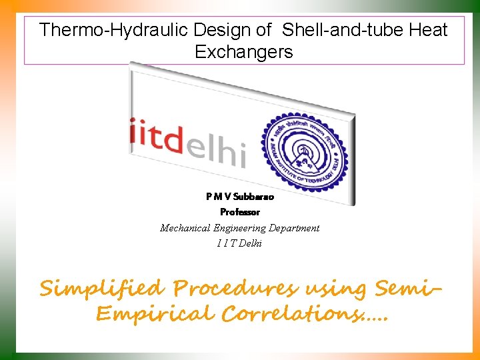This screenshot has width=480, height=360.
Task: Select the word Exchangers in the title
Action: [x=243, y=52]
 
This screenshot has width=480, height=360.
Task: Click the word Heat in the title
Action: [x=427, y=30]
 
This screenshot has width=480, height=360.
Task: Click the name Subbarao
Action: [x=251, y=197]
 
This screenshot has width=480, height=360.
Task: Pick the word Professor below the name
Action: [x=240, y=212]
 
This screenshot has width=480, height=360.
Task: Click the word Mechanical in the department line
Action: [x=184, y=228]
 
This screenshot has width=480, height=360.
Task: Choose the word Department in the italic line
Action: [x=295, y=228]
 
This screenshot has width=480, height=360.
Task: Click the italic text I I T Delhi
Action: [x=239, y=243]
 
